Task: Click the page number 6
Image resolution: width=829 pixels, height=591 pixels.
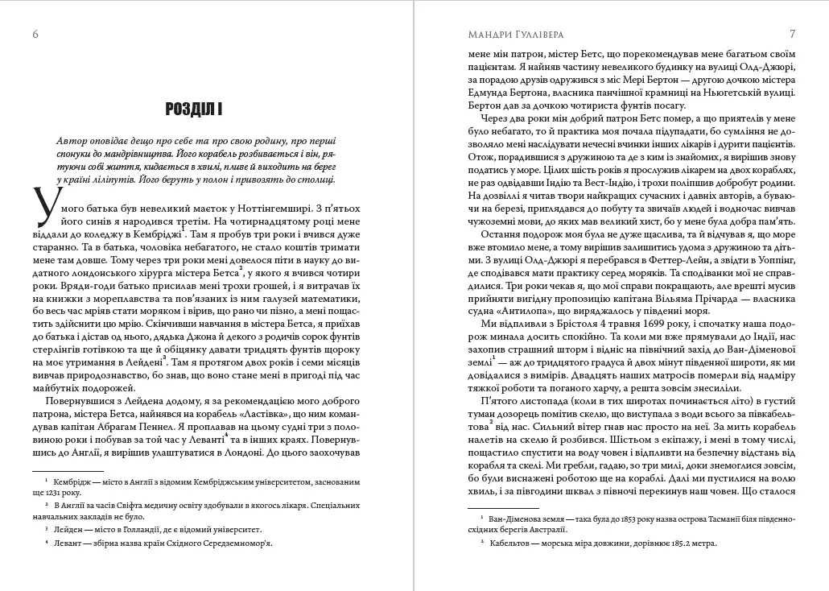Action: tap(34, 34)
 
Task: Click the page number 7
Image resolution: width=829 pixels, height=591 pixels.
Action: tap(793, 34)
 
